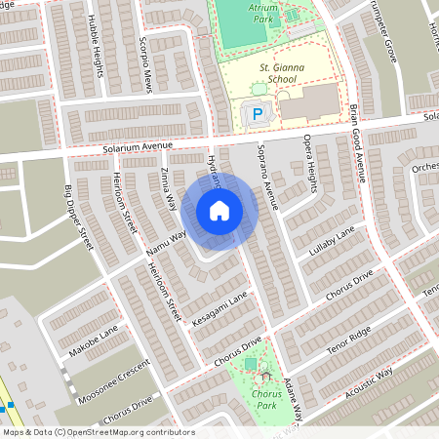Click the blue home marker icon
(219, 211)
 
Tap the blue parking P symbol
(258, 115)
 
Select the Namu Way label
(166, 243)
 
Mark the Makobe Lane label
(95, 339)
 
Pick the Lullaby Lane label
(331, 243)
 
